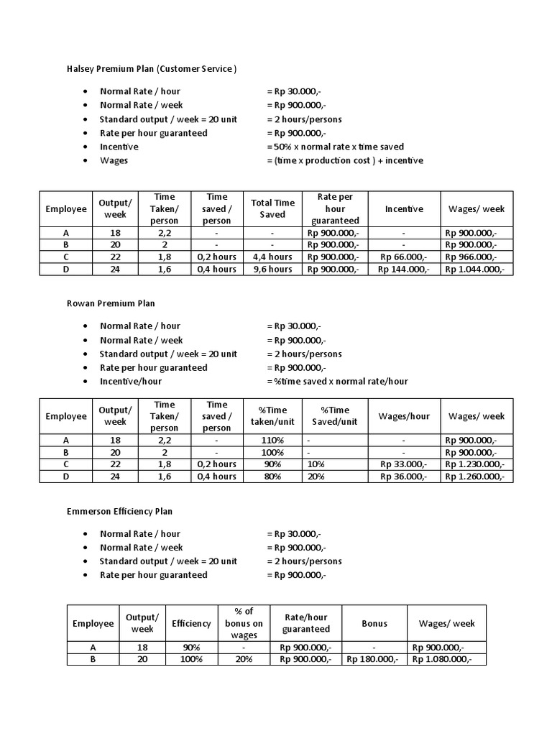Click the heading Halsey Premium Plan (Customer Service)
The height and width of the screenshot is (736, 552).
point(152,69)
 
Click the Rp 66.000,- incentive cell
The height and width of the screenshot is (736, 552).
point(403,257)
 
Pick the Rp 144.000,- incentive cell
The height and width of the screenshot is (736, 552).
point(403,270)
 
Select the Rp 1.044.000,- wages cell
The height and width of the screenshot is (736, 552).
point(475,270)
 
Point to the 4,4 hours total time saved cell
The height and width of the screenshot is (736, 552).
point(272,257)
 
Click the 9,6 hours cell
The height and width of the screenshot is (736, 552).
point(272,270)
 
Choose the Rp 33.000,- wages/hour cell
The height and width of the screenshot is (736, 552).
point(403,464)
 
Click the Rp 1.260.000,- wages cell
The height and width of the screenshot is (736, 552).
point(475,477)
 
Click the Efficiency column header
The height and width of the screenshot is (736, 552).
point(191,623)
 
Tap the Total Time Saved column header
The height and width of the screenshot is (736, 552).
point(272,209)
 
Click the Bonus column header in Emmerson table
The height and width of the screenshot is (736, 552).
point(374,623)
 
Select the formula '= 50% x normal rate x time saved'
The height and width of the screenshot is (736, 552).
point(335,147)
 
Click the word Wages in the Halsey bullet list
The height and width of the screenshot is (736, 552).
point(114,160)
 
